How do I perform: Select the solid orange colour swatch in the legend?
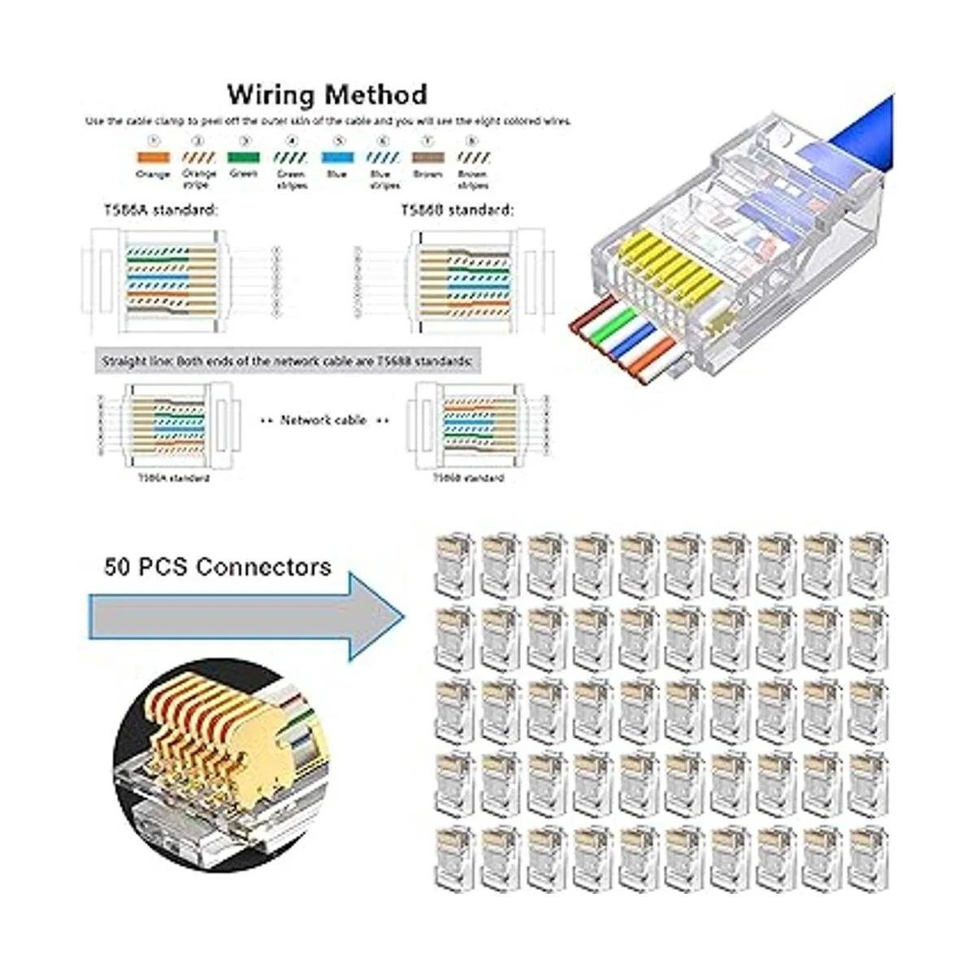[153, 158]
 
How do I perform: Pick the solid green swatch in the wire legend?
[244, 158]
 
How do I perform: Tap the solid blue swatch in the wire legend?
[336, 158]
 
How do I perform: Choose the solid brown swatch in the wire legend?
[427, 158]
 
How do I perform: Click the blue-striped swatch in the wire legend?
[383, 158]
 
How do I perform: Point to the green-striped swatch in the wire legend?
[290, 158]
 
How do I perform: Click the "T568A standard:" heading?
[161, 210]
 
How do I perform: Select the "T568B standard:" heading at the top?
[457, 210]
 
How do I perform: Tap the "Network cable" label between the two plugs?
[323, 420]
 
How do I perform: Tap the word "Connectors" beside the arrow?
[263, 566]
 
